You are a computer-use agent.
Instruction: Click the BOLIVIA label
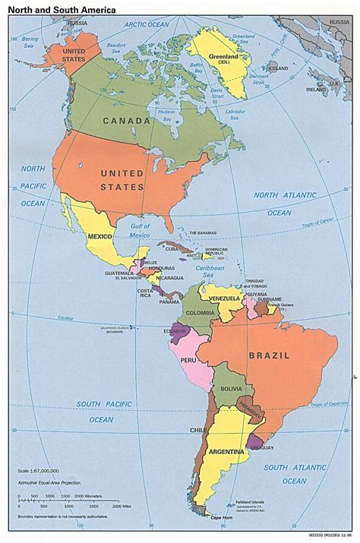click(231, 389)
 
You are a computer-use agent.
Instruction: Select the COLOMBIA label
click(201, 312)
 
